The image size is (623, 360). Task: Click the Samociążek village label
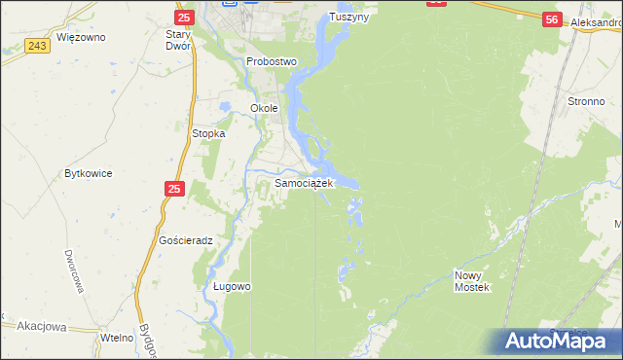(305, 182)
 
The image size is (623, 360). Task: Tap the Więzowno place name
(81, 37)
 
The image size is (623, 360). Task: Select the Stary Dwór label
(184, 40)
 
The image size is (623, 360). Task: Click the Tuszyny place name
(349, 17)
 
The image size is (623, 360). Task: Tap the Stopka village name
(208, 133)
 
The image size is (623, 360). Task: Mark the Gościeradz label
(185, 239)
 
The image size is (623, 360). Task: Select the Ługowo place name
(233, 286)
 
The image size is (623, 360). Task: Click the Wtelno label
(116, 336)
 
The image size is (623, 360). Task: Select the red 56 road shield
(552, 19)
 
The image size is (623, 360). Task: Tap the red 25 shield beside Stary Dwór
(183, 18)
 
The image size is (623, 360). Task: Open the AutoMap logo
(562, 341)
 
